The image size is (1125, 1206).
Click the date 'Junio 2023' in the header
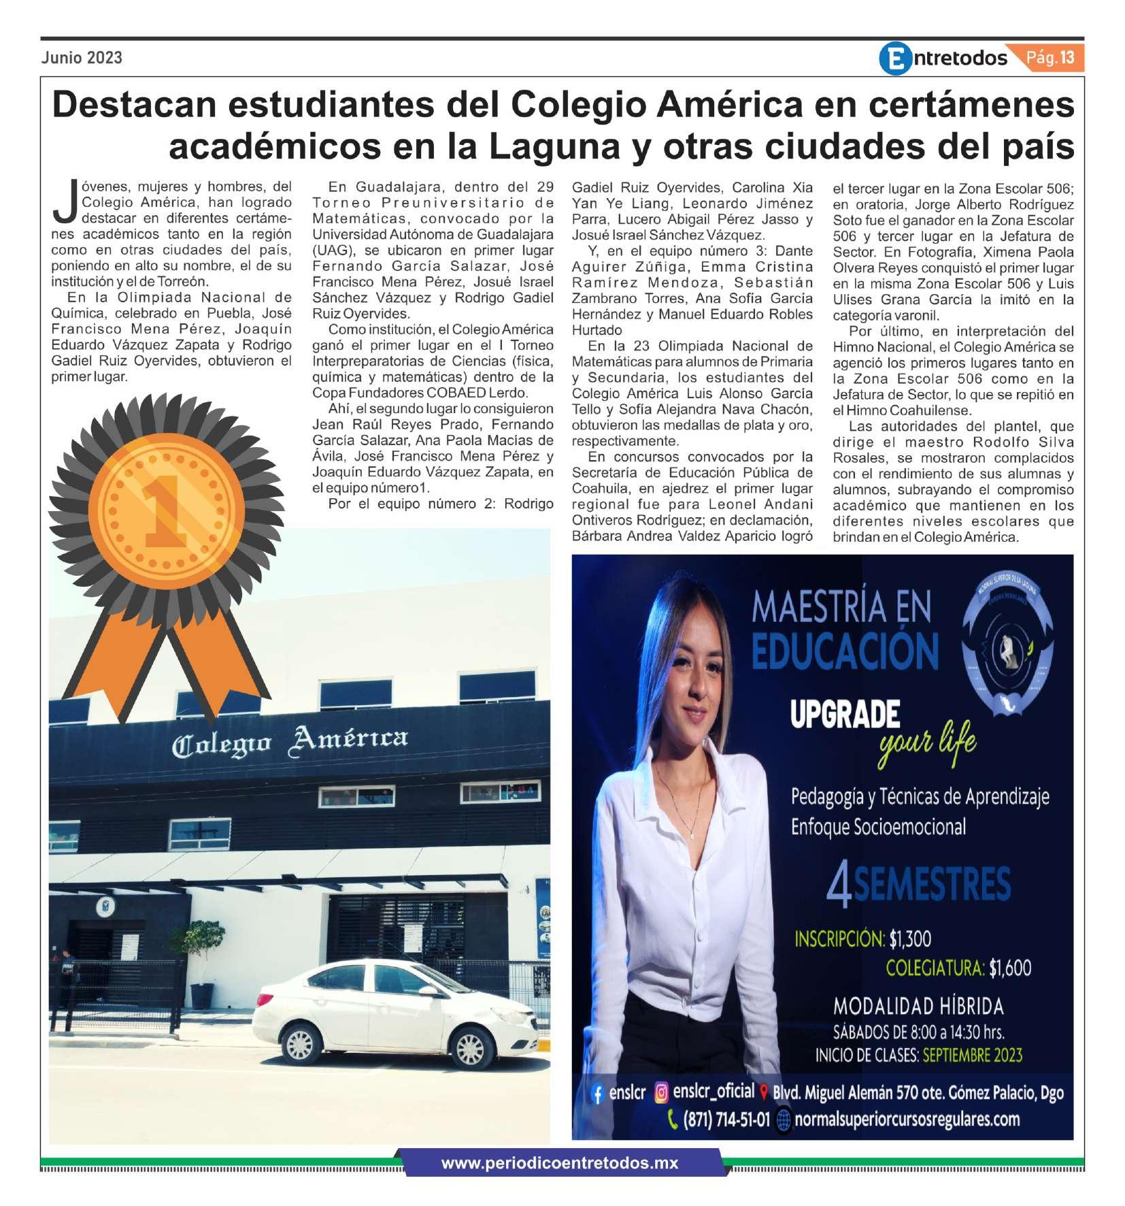(82, 57)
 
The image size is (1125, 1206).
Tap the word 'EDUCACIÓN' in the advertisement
(845, 649)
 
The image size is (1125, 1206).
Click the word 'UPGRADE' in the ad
(844, 715)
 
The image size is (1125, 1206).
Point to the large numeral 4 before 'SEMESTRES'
(839, 886)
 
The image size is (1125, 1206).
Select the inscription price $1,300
(910, 939)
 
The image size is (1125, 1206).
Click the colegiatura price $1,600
(1010, 968)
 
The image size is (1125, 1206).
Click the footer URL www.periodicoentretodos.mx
(559, 1163)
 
